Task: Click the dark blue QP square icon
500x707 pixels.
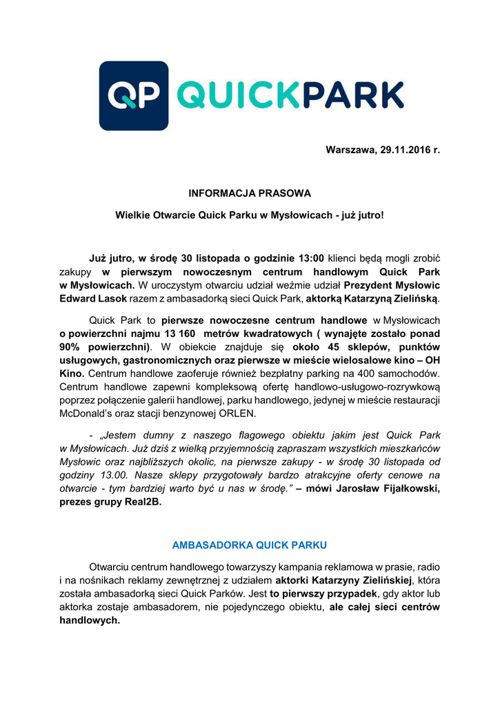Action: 134,95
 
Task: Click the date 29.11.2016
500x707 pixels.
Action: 403,150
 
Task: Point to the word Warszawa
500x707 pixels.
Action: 350,150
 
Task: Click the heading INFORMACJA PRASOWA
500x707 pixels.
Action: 250,193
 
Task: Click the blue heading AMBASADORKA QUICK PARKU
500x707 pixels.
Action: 249,545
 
